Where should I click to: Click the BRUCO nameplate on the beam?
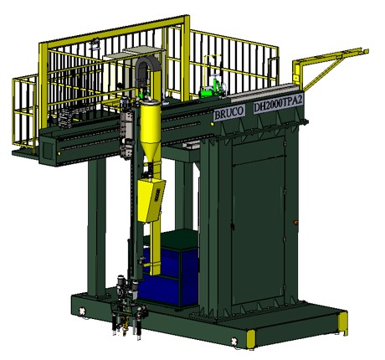pyautogui.click(x=229, y=112)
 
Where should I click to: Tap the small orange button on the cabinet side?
pyautogui.click(x=295, y=223)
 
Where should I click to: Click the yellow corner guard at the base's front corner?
pyautogui.click(x=251, y=339)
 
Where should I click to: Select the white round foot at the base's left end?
pyautogui.click(x=82, y=311)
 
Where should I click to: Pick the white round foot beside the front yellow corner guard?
pyautogui.click(x=234, y=341)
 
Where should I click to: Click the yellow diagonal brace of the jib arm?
pyautogui.click(x=326, y=72)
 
